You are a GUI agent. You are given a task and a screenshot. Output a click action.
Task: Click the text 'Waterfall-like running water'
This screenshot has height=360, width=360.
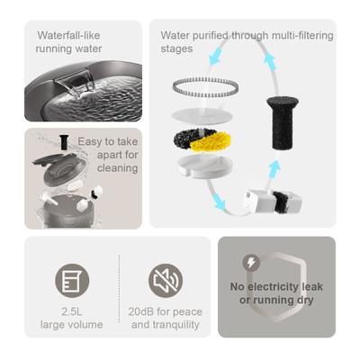68,41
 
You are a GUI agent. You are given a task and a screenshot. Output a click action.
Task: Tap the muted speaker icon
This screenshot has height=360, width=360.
165,280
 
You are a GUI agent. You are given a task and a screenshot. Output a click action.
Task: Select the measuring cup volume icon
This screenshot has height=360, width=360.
72,280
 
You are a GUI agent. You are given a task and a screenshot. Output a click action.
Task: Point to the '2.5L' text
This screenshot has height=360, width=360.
71,311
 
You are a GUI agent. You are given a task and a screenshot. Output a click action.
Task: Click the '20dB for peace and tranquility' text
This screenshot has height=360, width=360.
166,318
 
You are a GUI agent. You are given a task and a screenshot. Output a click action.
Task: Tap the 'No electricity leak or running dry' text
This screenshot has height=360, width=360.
276,293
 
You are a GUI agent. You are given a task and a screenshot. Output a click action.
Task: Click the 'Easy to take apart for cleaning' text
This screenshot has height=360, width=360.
108,154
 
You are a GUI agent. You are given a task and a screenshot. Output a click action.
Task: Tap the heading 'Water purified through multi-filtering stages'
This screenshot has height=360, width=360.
246,41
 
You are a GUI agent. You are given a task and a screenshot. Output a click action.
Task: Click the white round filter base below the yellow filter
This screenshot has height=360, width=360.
206,164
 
